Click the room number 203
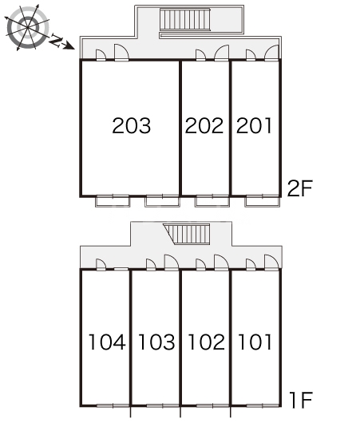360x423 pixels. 132,126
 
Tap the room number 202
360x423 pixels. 204,126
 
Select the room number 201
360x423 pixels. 254,126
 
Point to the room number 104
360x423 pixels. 107,342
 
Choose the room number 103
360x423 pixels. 156,342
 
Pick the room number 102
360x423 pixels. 207,342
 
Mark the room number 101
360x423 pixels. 255,342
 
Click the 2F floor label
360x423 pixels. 300,188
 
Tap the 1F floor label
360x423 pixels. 301,400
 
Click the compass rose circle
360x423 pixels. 27,28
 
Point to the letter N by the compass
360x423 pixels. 57,40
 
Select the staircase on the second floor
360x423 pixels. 185,19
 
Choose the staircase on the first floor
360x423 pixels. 188,234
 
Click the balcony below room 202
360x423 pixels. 212,201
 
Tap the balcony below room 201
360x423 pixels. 262,201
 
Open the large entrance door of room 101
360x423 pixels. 271,263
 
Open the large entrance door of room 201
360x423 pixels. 271,53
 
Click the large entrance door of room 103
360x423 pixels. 172,263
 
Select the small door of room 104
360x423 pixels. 101,264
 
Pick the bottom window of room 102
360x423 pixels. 212,405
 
